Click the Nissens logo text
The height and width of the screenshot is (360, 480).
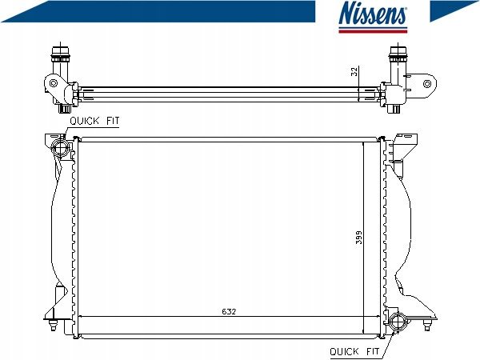(373, 13)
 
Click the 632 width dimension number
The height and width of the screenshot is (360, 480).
(229, 312)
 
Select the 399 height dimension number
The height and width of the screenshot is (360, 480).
(358, 238)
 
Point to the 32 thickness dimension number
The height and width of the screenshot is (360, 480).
(354, 72)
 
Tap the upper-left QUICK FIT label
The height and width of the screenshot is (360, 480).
(94, 121)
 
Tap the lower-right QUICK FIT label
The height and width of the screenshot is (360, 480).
(354, 351)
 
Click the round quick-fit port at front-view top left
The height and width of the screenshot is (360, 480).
(59, 148)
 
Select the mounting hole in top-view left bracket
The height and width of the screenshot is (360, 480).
(54, 83)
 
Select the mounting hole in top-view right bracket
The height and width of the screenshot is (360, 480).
(427, 83)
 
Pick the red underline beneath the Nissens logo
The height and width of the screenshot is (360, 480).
(373, 31)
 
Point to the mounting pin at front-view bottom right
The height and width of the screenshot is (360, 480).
(426, 324)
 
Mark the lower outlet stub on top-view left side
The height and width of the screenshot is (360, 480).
(66, 108)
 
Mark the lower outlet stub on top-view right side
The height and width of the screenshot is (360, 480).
(394, 109)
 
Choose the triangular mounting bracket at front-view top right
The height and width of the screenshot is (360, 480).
(405, 146)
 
